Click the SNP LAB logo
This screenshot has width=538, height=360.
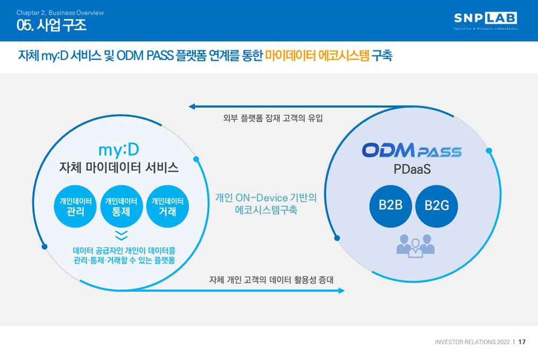coord(485,20)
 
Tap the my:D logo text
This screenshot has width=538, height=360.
coord(119,150)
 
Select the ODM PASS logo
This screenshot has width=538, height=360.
coord(412,150)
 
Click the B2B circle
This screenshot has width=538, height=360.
coord(391,206)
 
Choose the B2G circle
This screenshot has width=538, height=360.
coord(436,206)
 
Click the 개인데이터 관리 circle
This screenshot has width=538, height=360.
coord(75,206)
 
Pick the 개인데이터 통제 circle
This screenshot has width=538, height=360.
coord(121,206)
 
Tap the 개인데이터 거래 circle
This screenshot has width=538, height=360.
coord(167,206)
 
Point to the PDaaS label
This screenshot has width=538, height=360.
coord(412,169)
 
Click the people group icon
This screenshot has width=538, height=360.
coord(415,246)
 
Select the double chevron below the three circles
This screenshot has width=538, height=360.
coord(122,235)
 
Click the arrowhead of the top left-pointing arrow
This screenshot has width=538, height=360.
coord(192,107)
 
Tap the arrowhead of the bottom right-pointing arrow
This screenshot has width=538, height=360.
coord(342,291)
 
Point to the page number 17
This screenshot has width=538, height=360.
coord(522,342)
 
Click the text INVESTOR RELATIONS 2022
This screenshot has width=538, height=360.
coord(472,342)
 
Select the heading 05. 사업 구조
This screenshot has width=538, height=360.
coord(52,25)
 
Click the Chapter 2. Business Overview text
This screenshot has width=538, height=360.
coord(60,13)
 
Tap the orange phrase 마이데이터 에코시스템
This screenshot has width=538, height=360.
coord(317,55)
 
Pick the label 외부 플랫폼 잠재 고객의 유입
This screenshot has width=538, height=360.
coord(273,118)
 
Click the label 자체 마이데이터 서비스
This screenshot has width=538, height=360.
coord(119,167)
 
